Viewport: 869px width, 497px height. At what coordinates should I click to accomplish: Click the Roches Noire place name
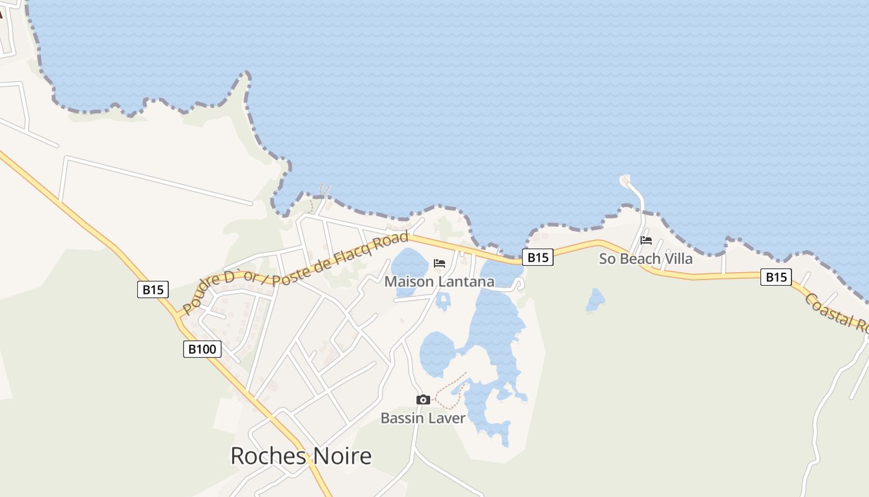click(x=301, y=456)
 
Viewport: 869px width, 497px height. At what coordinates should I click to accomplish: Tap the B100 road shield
click(x=202, y=349)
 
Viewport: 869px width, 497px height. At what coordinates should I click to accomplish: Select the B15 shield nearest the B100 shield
click(x=153, y=289)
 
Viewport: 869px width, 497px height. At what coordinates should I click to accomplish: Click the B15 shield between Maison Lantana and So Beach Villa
click(x=537, y=257)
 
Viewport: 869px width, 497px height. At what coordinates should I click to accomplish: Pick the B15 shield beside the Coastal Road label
click(x=776, y=277)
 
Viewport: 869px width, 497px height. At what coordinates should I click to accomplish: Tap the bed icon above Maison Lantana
click(x=439, y=263)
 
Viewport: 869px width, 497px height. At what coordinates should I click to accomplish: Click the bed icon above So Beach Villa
click(x=646, y=240)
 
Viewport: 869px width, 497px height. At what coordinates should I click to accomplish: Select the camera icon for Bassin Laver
click(x=423, y=399)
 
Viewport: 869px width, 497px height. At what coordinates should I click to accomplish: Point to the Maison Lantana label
click(x=439, y=282)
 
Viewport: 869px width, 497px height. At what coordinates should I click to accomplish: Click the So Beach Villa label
click(x=646, y=259)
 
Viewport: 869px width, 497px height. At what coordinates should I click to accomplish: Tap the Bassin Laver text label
click(x=423, y=418)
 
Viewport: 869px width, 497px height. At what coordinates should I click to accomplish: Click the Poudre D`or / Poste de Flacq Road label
click(x=295, y=273)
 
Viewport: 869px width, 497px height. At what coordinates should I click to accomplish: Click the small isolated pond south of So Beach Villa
click(x=595, y=300)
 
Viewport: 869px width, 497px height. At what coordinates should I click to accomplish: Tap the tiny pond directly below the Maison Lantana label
click(x=443, y=301)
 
